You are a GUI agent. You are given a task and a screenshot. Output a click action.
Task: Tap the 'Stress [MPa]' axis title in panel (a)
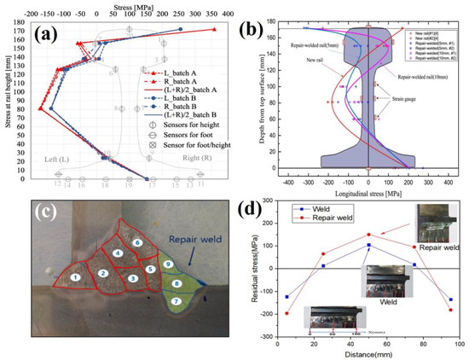[114, 6]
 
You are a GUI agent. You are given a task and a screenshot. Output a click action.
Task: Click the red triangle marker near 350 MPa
[214, 29]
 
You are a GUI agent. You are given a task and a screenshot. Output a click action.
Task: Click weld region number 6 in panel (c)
[136, 243]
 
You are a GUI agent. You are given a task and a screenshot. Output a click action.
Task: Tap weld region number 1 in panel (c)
[76, 277]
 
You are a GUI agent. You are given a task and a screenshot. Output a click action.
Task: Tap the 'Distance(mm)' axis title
[368, 352]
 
